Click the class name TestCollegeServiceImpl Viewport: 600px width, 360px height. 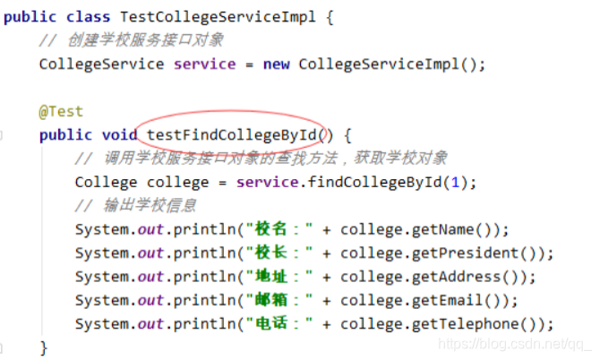click(218, 18)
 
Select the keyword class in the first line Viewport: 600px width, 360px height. click(88, 17)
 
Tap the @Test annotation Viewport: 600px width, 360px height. click(61, 112)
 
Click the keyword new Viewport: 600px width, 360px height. click(276, 64)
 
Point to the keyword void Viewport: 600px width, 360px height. click(119, 135)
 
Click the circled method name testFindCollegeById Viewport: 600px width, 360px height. click(231, 135)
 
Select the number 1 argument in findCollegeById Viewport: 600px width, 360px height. click(455, 183)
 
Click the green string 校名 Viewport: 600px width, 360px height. click(271, 229)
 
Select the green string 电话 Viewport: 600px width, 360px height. click(271, 324)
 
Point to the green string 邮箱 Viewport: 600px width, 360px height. click(271, 300)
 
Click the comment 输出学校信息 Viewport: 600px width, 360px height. click(150, 206)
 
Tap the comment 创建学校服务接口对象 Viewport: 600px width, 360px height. click(145, 40)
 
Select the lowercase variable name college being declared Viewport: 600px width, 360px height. click(178, 183)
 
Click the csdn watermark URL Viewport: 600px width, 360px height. click(515, 344)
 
